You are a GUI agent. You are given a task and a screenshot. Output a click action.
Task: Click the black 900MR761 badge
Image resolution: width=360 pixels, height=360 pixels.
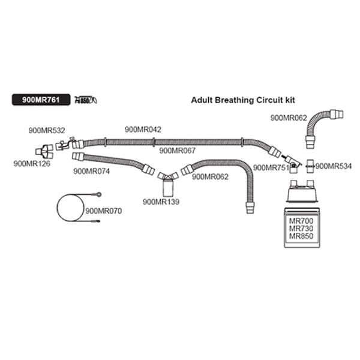(40, 100)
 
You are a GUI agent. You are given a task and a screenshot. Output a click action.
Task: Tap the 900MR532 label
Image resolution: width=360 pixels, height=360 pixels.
(47, 130)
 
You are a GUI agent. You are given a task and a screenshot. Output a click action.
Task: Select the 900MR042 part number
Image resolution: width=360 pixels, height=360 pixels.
(143, 130)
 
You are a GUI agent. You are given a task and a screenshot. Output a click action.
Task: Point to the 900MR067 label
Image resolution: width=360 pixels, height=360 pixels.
(178, 151)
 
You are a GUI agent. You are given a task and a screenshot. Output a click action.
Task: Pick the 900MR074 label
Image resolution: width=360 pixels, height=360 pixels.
(91, 170)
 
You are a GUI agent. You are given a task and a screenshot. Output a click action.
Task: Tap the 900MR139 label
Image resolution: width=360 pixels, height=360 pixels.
(161, 202)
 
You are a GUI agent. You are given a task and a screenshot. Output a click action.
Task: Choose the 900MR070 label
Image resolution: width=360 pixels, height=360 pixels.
(104, 211)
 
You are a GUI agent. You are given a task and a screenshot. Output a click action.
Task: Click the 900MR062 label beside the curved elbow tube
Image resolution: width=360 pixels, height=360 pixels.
(289, 118)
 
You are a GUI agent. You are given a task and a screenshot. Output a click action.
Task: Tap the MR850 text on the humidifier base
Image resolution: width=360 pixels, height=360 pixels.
(302, 236)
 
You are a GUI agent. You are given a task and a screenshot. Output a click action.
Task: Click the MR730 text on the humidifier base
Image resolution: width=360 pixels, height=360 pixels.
(302, 229)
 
